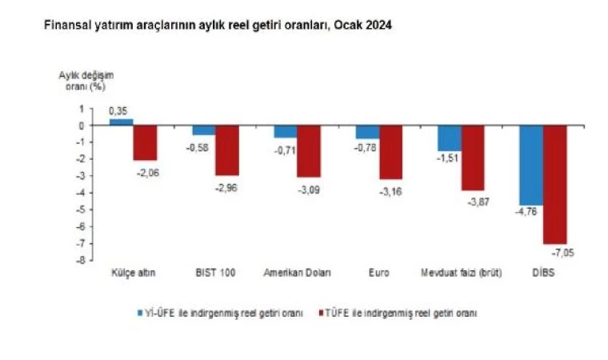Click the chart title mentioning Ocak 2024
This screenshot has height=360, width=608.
point(210,26)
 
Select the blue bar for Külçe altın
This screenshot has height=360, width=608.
point(121,122)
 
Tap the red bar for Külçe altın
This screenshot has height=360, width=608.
point(145,142)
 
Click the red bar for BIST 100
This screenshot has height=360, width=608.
point(227,150)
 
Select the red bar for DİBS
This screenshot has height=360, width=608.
point(554,184)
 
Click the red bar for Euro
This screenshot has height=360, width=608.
point(391,152)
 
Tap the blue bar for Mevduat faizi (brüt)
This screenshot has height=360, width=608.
point(448,138)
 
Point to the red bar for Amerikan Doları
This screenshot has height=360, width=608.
point(309,151)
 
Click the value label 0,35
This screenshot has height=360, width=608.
point(119,110)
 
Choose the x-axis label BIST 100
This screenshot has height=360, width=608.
point(215,274)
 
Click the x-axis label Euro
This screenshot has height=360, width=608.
point(379,274)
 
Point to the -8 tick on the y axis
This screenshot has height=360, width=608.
point(79,260)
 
